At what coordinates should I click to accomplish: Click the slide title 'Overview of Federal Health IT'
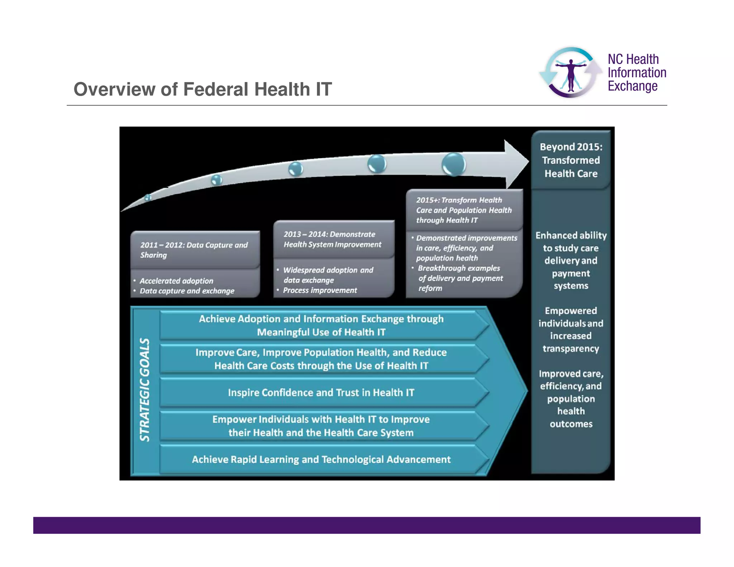202,89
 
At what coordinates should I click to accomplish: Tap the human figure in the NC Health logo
571,75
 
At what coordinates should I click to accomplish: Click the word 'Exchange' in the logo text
633,86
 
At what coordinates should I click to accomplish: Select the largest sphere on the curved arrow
454,165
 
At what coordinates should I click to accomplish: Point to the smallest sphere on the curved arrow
148,197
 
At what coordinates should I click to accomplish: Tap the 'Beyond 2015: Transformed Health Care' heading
571,160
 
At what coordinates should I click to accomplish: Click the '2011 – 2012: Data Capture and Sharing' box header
194,250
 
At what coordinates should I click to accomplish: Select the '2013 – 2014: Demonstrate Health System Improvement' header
332,239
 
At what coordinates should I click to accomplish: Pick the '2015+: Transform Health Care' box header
464,210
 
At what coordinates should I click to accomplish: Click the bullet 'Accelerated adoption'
176,281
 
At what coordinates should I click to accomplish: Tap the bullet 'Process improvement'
320,290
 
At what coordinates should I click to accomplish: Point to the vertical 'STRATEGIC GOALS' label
145,390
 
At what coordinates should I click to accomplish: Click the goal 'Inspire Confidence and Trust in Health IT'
321,392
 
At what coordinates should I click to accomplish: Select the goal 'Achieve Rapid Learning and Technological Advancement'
321,459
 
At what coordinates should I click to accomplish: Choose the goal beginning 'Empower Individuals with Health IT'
321,426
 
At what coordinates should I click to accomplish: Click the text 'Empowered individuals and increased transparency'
571,330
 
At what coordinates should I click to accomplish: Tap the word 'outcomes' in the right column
571,424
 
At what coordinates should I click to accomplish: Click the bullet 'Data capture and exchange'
187,291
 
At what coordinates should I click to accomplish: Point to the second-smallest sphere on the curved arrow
216,180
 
